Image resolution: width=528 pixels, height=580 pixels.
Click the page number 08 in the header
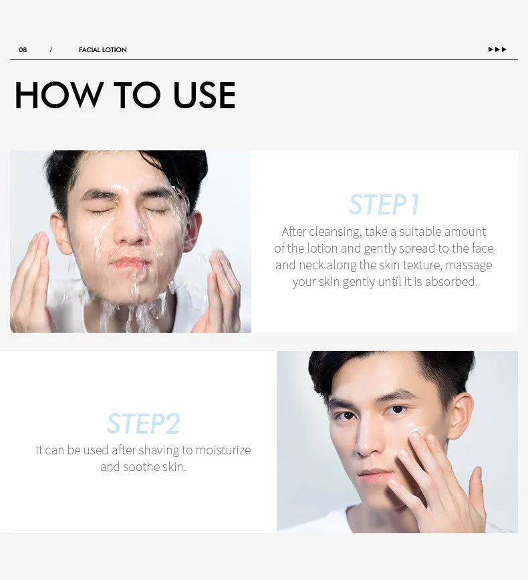coord(23,50)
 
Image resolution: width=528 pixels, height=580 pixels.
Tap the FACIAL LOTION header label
coord(102,50)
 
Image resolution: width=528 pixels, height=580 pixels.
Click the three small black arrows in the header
coord(497,49)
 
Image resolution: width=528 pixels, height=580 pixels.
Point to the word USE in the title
coord(204,96)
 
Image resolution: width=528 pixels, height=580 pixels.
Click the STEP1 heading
coord(384,204)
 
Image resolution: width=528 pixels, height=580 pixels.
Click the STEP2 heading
coord(143,424)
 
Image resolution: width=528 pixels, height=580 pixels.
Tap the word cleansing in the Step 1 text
coord(334,232)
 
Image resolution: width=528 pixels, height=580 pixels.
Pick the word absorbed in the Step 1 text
coord(452,282)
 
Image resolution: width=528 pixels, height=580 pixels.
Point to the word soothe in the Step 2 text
coord(142,467)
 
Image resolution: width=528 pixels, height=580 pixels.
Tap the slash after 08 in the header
coord(51,50)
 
